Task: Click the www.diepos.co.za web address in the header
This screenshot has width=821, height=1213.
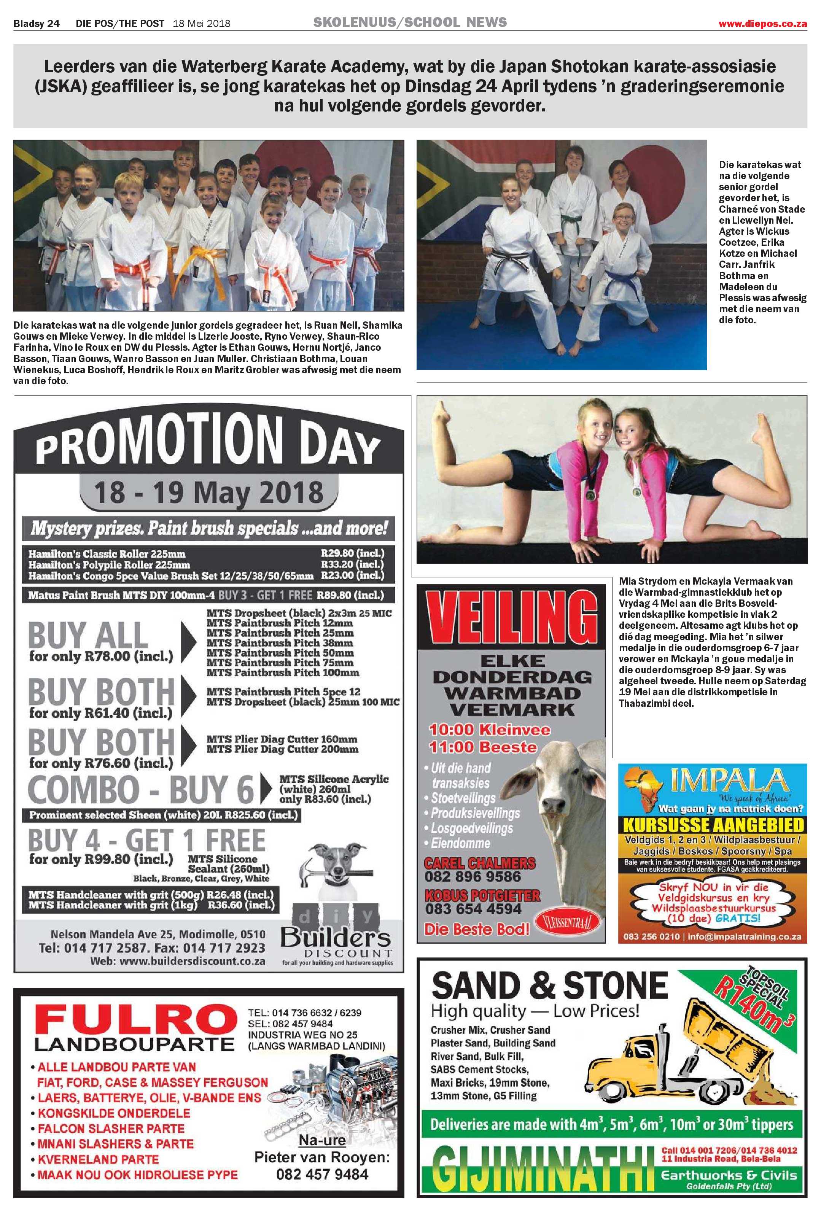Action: pyautogui.click(x=762, y=24)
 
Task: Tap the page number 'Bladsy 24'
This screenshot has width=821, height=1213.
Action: pyautogui.click(x=36, y=24)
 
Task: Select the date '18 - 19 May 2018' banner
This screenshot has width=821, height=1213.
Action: pyautogui.click(x=209, y=493)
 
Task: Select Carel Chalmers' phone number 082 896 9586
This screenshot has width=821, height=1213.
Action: pyautogui.click(x=473, y=876)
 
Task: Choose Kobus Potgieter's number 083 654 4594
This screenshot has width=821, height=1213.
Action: pyautogui.click(x=473, y=909)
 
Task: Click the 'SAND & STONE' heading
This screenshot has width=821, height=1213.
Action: pyautogui.click(x=549, y=986)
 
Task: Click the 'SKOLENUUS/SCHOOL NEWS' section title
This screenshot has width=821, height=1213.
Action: pyautogui.click(x=410, y=22)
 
